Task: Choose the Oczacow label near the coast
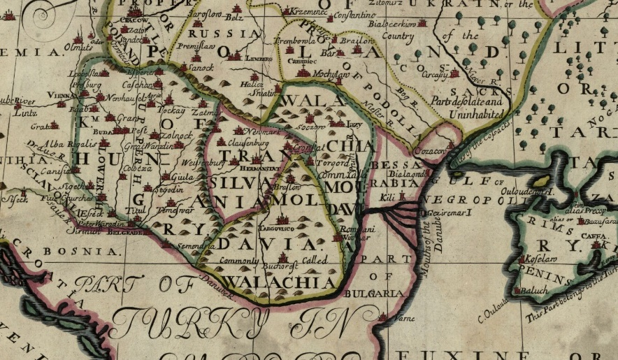point(431,150)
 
